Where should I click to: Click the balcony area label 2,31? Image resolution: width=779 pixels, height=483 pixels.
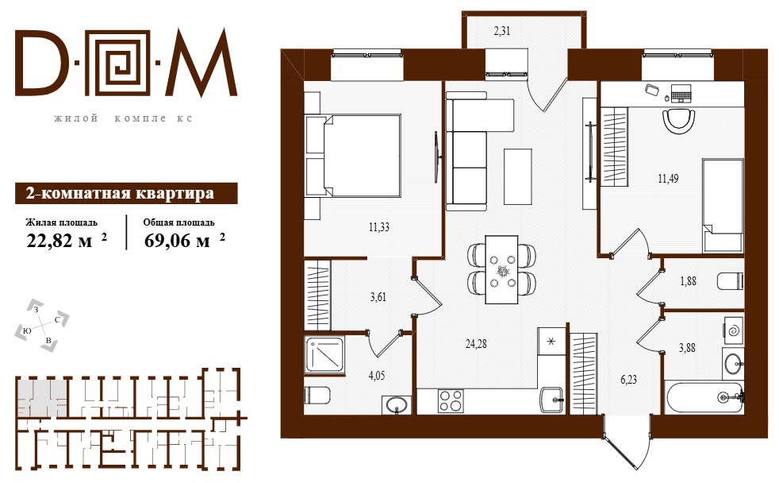tap(502, 31)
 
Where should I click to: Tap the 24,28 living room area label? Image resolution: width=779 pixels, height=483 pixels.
tap(476, 343)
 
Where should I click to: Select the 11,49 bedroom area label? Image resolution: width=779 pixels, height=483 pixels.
tap(668, 178)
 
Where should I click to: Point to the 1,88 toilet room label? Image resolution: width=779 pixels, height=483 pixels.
tap(688, 281)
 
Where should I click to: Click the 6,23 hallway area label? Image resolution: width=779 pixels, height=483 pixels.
tap(628, 380)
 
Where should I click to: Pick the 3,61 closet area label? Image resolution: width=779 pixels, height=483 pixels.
tap(378, 297)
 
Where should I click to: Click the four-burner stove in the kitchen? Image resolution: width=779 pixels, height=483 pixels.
tap(451, 400)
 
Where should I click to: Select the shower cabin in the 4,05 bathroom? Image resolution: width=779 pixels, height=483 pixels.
tap(325, 354)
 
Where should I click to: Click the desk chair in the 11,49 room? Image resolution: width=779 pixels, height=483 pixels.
tap(678, 121)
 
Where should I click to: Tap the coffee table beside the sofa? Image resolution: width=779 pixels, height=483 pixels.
tap(518, 176)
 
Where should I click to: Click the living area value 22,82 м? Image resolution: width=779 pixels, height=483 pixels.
tap(59, 241)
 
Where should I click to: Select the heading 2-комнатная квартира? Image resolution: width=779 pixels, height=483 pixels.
tap(121, 193)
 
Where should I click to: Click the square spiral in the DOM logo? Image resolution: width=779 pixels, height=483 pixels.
tap(121, 64)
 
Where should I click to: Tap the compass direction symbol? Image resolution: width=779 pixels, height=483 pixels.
tap(42, 326)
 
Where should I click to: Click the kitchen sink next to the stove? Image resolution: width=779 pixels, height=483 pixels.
tap(552, 400)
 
